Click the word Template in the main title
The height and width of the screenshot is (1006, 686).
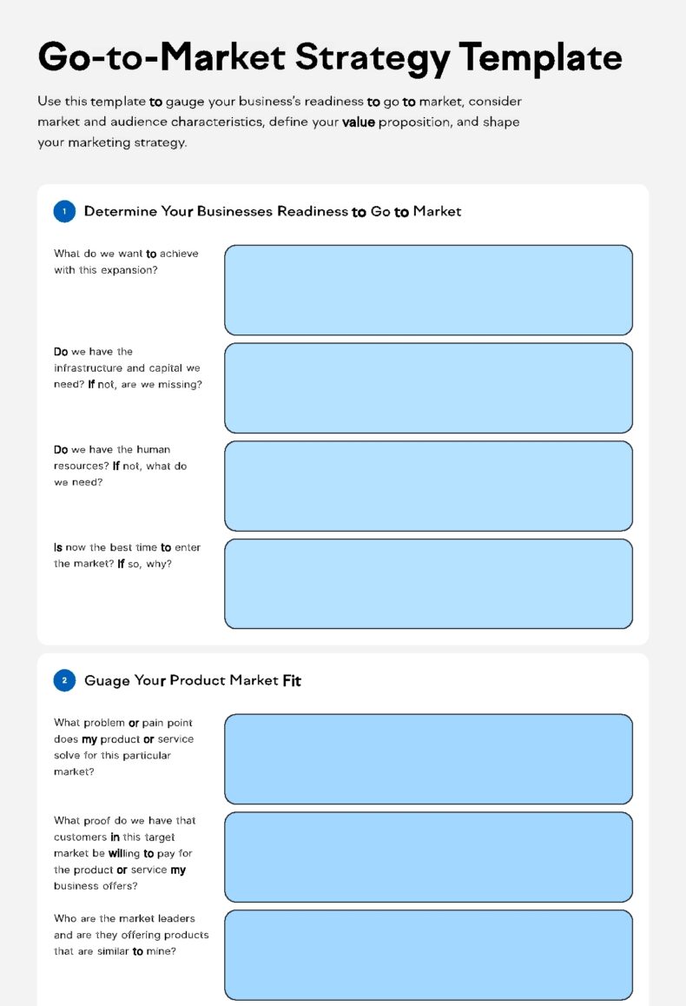541,57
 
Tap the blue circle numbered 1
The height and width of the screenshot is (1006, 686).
64,211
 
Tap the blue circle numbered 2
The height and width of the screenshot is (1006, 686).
64,680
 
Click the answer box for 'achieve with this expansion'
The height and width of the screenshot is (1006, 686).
428,290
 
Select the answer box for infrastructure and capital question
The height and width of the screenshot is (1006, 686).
428,388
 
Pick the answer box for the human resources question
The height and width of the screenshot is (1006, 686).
428,486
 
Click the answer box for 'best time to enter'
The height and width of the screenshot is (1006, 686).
428,584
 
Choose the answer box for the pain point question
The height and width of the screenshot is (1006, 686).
428,759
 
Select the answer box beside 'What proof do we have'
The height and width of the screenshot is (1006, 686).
428,857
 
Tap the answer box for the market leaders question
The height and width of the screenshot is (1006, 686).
428,955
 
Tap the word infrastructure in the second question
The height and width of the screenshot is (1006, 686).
90,368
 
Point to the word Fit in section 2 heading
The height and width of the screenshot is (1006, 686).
292,681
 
